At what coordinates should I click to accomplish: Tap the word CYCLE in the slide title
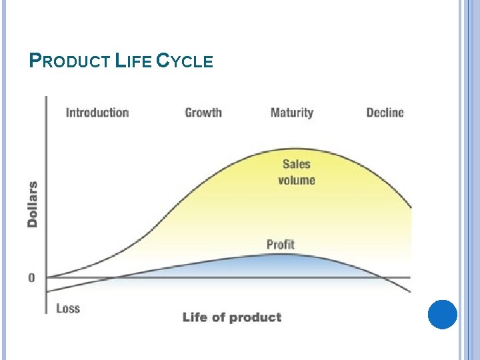[185, 62]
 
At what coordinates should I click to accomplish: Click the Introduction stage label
[97, 113]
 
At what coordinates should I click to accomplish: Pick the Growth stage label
[203, 113]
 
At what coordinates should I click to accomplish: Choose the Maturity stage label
[291, 113]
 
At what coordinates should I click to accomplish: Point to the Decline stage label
[385, 113]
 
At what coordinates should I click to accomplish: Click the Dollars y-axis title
[33, 204]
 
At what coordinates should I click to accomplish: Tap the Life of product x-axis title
[232, 317]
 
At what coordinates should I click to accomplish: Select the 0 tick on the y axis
[32, 277]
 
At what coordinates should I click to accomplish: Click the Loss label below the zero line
[68, 308]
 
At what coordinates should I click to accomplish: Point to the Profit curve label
[280, 245]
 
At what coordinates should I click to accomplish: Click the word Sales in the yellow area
[296, 164]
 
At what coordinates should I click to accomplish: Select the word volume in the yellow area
[296, 180]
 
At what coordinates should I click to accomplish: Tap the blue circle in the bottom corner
[442, 315]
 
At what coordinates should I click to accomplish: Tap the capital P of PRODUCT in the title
[36, 61]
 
